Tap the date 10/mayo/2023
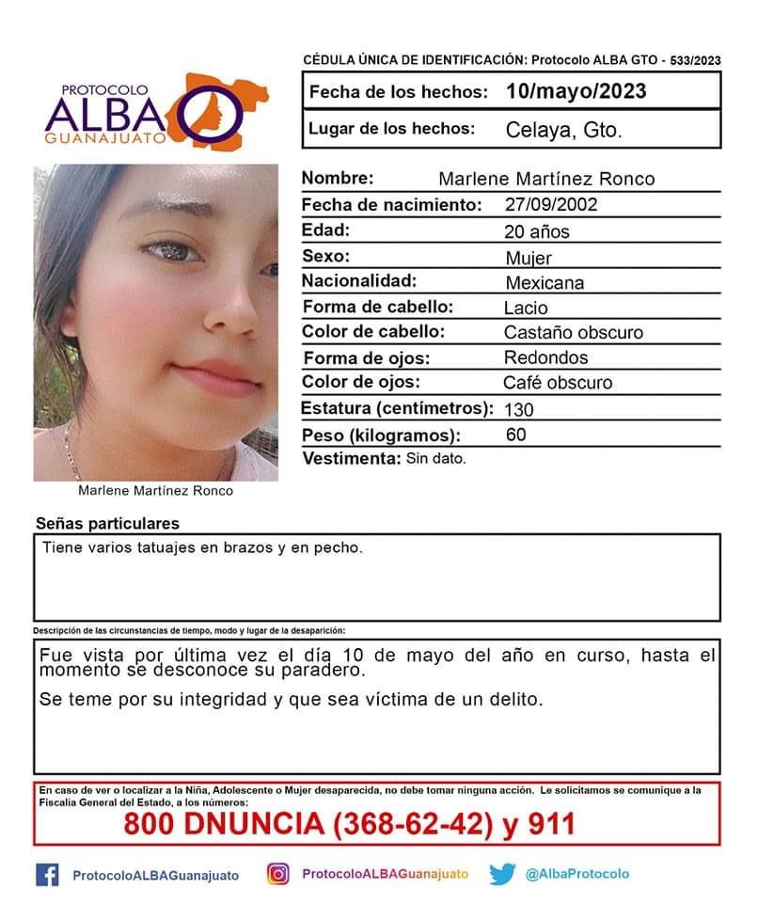point(575,91)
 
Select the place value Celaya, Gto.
point(563,131)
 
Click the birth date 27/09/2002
point(550,205)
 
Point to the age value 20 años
point(537,231)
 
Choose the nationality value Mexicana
point(545,282)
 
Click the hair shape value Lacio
point(526,308)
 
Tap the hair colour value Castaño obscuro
point(574,333)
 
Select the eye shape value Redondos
point(546,357)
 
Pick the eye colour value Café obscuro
point(558,383)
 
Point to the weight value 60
point(515,435)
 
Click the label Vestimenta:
point(351,459)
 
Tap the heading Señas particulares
point(107,524)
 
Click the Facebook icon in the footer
point(47,874)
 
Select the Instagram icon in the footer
point(277,874)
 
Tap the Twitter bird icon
point(502,874)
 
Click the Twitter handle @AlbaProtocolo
point(577,874)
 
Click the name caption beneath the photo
point(156,491)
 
